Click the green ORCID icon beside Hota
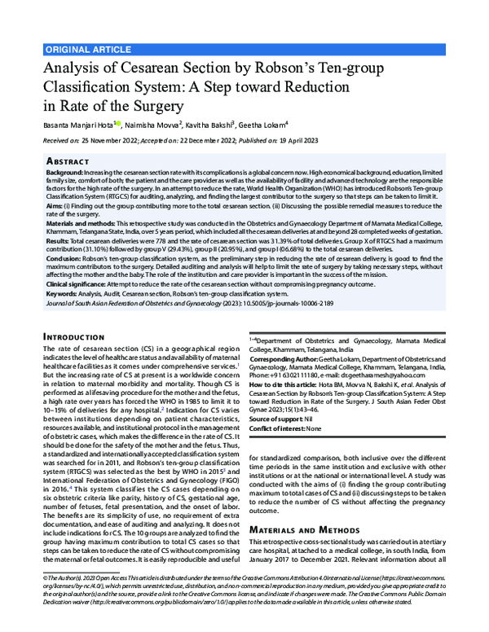tap(119, 124)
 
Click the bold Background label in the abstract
tap(64, 174)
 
